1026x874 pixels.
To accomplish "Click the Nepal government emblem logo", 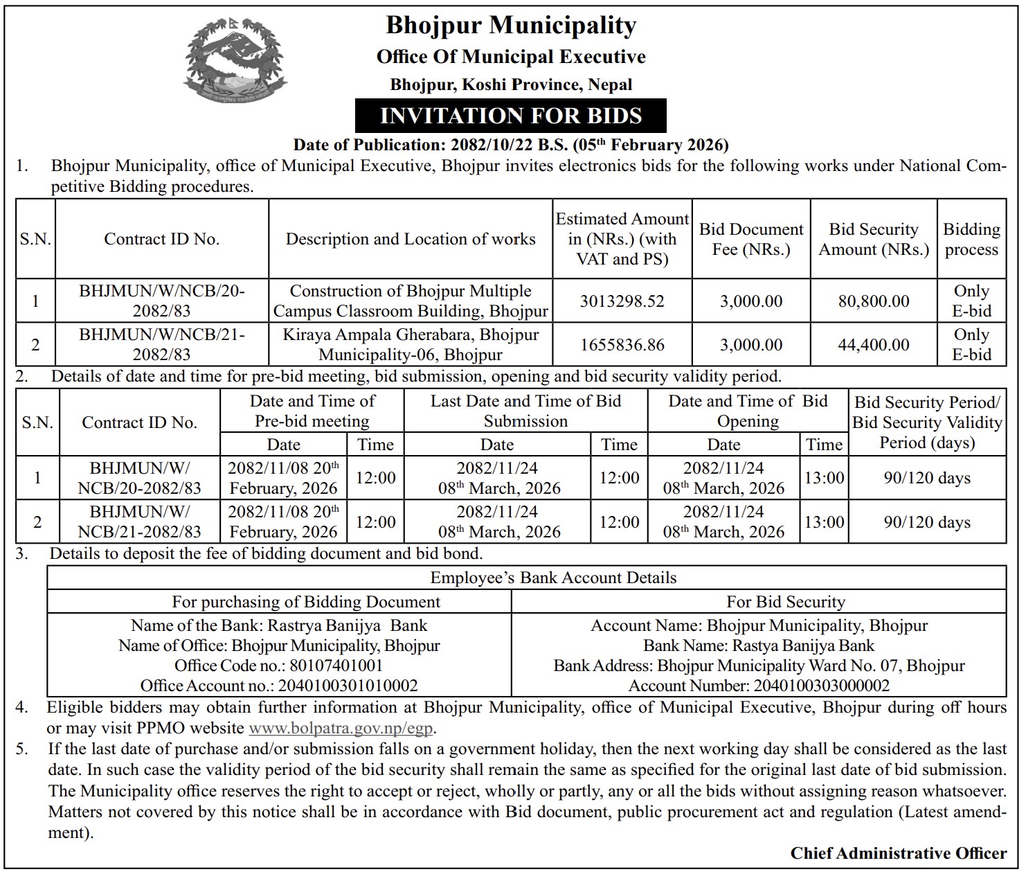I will pos(235,60).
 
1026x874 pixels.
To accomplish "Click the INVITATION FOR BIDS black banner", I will pos(511,116).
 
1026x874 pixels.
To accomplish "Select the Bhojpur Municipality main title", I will pos(511,26).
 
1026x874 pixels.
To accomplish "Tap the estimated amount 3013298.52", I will pos(622,301).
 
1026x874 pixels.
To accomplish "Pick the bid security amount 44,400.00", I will pos(874,345).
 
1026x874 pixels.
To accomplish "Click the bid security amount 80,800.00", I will pos(874,301).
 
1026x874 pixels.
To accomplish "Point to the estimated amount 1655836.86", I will pos(622,345).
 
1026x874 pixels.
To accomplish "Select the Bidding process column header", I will pos(971,239).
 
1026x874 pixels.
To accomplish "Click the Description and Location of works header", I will pos(411,239).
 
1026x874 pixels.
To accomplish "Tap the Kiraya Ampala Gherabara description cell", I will pos(411,345).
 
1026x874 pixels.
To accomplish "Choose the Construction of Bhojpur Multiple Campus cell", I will pos(411,301).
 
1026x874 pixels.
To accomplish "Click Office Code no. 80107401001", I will pos(279,666).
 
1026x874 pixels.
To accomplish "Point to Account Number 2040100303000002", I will pos(759,686).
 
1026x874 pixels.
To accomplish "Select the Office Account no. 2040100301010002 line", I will pos(279,686).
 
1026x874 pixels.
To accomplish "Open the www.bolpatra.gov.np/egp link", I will pos(342,729).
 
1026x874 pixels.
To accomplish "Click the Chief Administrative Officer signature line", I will pos(899,853).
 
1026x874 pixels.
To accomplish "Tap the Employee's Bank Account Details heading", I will pos(553,578).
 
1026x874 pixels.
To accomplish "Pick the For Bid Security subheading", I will pos(786,602).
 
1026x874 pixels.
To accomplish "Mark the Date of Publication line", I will pos(511,145).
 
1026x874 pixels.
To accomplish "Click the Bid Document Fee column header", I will pos(751,239).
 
